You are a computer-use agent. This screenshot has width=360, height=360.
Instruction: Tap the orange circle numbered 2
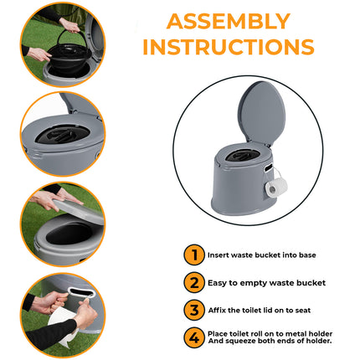pos(193,282)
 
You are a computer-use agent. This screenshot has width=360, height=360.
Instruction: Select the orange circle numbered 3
pos(193,310)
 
